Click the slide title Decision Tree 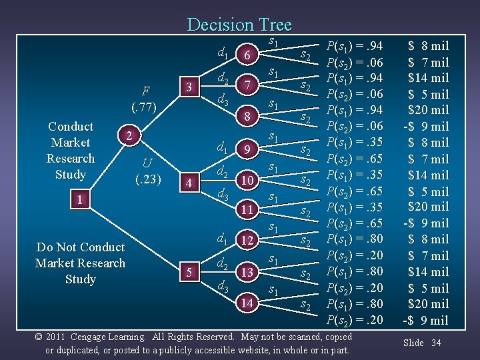click(x=239, y=25)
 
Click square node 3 click(x=189, y=87)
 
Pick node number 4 click(x=189, y=182)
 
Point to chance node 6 click(x=247, y=57)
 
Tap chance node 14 click(x=247, y=303)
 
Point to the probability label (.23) click(x=148, y=179)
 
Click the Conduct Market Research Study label click(x=71, y=150)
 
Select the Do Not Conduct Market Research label click(x=80, y=263)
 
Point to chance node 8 click(x=247, y=117)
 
